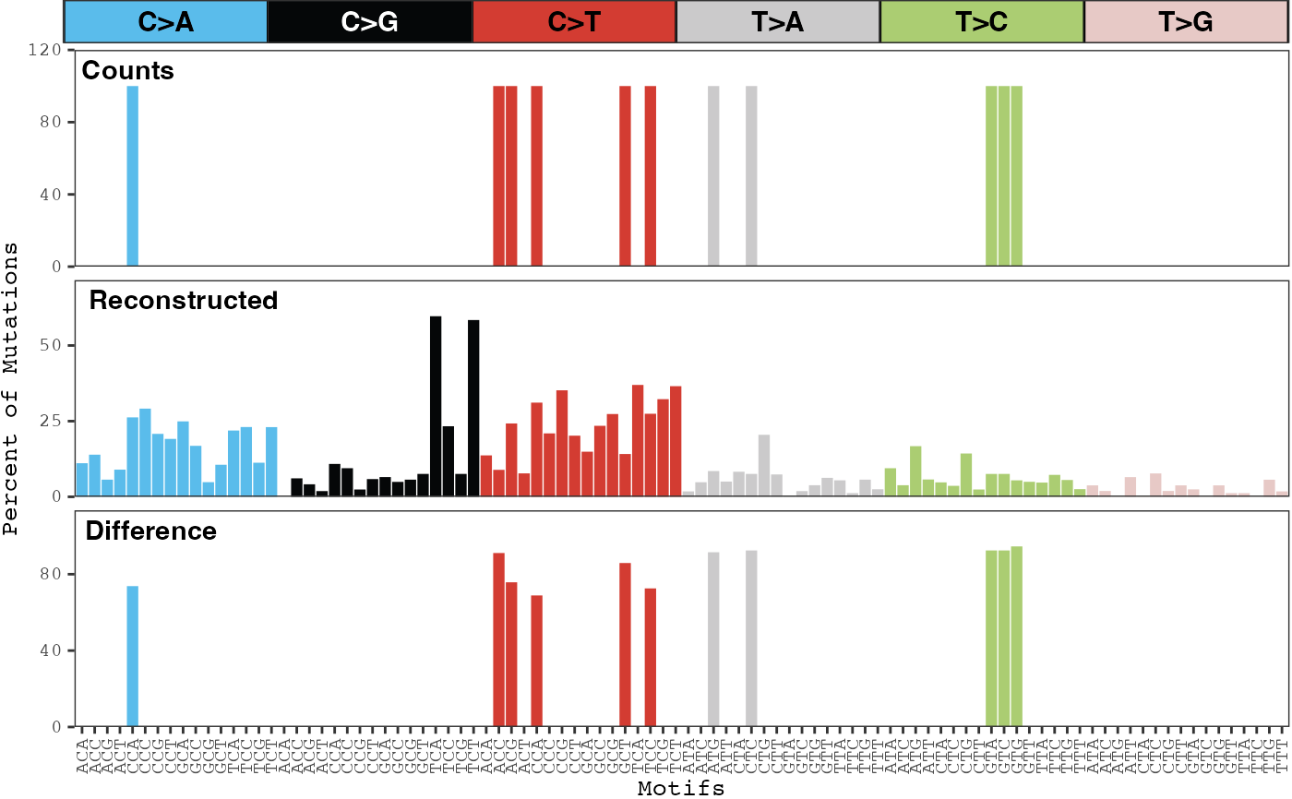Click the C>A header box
click(165, 21)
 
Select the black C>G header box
click(369, 21)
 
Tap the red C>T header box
click(574, 21)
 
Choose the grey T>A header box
click(778, 21)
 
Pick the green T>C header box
click(982, 21)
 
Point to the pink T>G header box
click(1186, 21)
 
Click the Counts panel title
click(128, 71)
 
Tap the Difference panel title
click(150, 531)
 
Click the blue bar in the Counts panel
click(132, 175)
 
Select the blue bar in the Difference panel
click(132, 655)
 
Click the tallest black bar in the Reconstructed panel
click(436, 406)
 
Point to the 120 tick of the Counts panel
click(50, 49)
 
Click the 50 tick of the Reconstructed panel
click(55, 345)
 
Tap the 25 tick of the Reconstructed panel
click(55, 421)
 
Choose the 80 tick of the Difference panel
click(55, 574)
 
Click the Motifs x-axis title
click(680, 789)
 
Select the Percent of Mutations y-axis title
click(11, 388)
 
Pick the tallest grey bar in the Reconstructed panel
click(764, 465)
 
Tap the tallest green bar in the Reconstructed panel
click(915, 471)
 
